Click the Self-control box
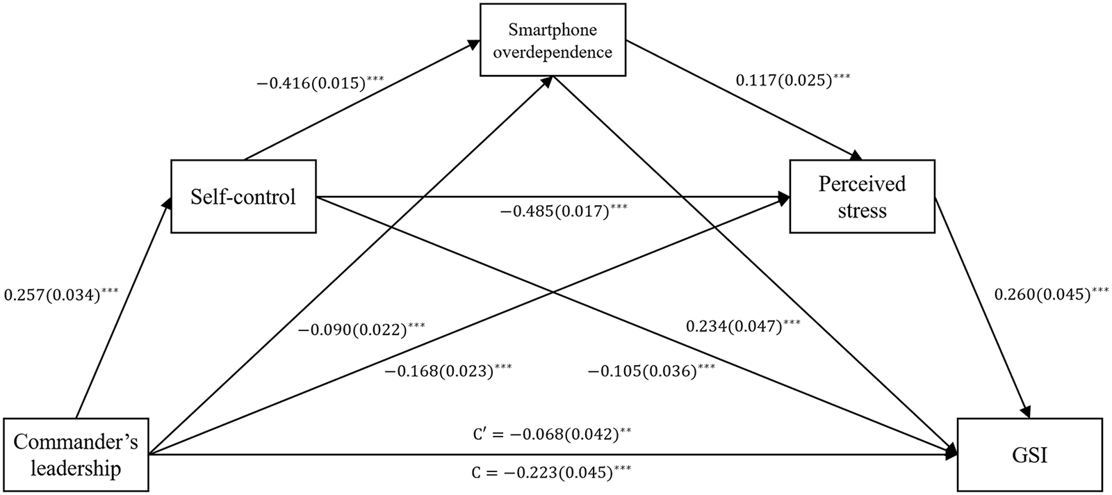point(243,197)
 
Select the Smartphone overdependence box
point(553,41)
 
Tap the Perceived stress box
point(862,197)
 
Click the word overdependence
point(553,52)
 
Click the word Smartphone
point(553,30)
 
